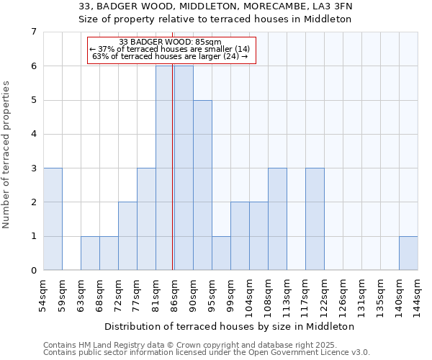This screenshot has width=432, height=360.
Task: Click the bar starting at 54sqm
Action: (x=53, y=219)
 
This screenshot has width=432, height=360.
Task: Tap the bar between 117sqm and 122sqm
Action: (x=315, y=219)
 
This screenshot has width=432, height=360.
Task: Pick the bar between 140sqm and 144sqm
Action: (x=408, y=253)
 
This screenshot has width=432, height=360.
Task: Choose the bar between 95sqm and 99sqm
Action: (x=221, y=253)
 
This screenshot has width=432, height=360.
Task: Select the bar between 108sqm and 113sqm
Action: (x=277, y=219)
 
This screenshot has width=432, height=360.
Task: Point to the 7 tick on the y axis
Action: (x=33, y=32)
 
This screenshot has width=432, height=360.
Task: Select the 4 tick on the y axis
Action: (x=33, y=134)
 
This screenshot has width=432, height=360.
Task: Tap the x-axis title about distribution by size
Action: (x=234, y=326)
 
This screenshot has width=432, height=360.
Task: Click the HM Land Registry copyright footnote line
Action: (x=180, y=345)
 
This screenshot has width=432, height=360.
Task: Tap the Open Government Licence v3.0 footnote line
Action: (x=207, y=353)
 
